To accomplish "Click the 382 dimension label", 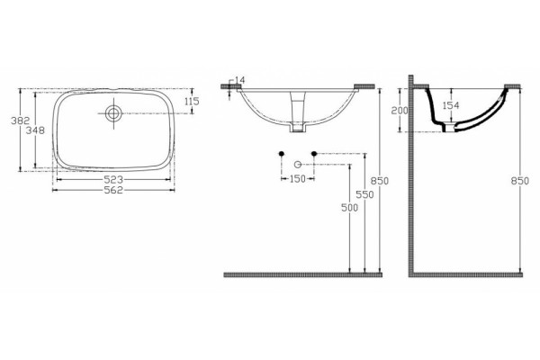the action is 21,121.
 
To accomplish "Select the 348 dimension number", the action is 35,130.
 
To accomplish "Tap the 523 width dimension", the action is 113,179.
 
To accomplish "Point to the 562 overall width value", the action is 113,190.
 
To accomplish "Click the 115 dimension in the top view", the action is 192,102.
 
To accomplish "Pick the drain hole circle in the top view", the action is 113,113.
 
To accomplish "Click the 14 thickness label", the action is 239,80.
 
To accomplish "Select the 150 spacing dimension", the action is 298,179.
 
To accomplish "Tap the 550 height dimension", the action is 364,194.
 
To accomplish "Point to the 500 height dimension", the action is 349,207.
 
